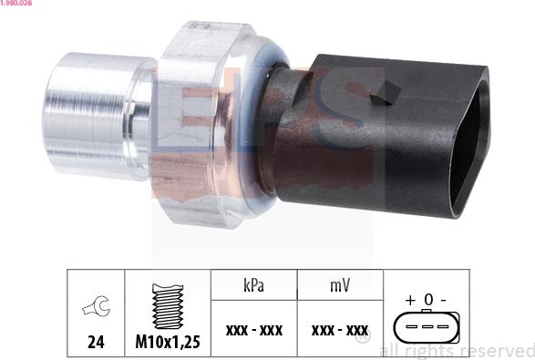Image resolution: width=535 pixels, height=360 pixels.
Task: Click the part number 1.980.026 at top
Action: click(x=15, y=3)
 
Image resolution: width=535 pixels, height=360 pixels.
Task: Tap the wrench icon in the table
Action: click(x=97, y=305)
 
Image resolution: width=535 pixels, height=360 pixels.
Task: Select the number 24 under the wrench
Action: click(x=96, y=342)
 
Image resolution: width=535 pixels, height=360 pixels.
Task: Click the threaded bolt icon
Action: click(x=168, y=306)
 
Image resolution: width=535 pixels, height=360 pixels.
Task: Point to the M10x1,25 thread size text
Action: click(x=168, y=342)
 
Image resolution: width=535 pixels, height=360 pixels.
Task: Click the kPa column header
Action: click(x=254, y=285)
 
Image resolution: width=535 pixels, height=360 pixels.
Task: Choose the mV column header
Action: click(x=340, y=285)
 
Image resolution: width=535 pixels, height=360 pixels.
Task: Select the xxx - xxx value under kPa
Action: click(x=254, y=330)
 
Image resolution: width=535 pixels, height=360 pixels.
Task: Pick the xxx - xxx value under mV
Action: click(x=340, y=330)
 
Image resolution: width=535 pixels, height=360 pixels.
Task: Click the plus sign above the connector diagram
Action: click(x=410, y=300)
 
